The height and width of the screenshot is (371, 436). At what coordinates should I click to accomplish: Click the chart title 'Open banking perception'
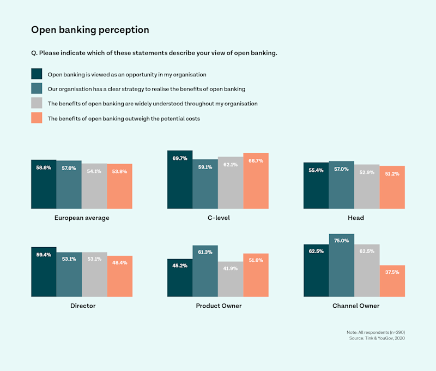90,29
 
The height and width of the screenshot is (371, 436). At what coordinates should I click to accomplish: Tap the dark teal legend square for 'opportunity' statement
37,74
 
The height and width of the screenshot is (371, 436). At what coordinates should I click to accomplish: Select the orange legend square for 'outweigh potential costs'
37,118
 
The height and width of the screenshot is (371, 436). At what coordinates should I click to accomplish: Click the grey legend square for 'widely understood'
37,103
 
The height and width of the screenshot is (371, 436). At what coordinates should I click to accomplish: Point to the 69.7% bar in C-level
180,180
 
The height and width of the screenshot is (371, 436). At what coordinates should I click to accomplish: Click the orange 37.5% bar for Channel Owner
392,280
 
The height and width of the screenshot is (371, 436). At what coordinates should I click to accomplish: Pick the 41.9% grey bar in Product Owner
231,279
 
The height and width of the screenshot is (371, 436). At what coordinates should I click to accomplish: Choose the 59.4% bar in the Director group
44,272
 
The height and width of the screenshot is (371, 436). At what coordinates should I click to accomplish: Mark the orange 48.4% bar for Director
120,276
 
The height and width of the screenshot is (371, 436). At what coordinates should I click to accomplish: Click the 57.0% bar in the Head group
341,185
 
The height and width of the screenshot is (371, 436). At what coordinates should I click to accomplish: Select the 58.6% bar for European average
44,184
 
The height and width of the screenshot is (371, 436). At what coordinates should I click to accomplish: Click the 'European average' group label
82,218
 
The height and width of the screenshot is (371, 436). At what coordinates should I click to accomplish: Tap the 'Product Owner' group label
219,306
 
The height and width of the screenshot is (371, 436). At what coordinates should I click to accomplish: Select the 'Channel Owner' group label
356,306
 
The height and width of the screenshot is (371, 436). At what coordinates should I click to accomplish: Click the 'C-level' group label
218,218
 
